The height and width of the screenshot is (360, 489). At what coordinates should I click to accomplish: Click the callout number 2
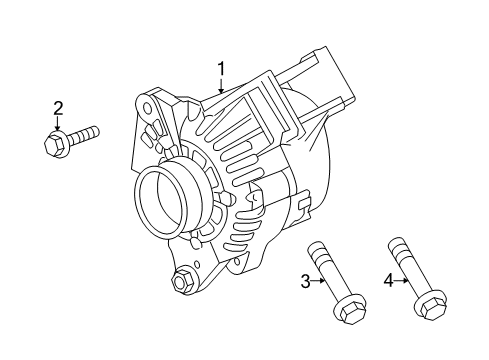pos(58,108)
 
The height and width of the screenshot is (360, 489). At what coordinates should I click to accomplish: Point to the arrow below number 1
pos(222,88)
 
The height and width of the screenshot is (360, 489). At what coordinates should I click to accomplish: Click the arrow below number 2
pos(58,125)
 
